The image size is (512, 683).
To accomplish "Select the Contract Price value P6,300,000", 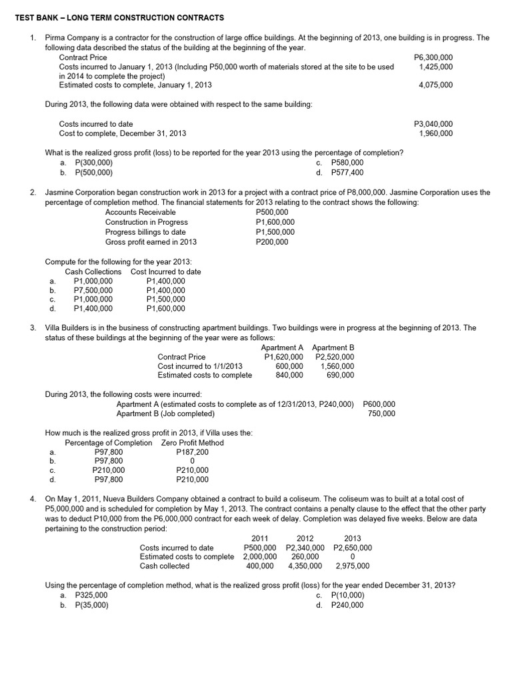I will (x=433, y=57).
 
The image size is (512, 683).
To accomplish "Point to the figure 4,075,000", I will (x=436, y=85).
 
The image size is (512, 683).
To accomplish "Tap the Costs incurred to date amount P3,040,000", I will (x=433, y=123).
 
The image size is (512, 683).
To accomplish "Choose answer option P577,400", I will (x=347, y=172).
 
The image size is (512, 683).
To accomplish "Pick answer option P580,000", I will (x=347, y=162).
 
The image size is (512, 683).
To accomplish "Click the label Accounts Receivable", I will (x=141, y=212).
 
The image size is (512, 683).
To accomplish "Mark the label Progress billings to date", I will (x=145, y=232).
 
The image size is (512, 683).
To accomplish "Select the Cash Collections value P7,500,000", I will (x=93, y=290).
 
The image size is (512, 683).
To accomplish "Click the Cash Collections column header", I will (x=93, y=271).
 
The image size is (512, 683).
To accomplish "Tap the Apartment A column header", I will (x=282, y=348).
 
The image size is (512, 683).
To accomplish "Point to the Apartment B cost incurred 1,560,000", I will (x=337, y=366).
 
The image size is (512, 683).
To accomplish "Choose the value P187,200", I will (x=192, y=452).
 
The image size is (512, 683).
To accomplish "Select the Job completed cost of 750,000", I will (x=381, y=414).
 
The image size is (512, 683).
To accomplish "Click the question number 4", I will (x=33, y=499).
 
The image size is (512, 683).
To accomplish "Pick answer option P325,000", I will (x=91, y=595).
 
